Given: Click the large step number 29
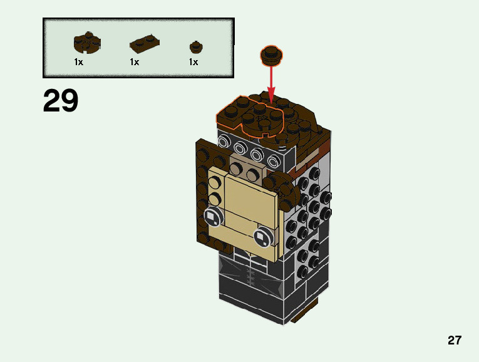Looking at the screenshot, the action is (x=61, y=100).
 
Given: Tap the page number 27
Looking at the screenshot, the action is (x=455, y=341).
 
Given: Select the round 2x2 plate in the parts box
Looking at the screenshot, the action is (x=87, y=43).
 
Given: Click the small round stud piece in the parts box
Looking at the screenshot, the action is (x=196, y=46).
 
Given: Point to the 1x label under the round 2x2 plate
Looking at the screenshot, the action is (x=79, y=62).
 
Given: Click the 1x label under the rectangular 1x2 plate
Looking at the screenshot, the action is (x=135, y=62).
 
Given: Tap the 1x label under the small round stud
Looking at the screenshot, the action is (x=193, y=62).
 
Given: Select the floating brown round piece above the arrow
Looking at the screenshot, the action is (x=270, y=55).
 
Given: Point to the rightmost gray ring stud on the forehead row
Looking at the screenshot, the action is (x=274, y=162).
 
